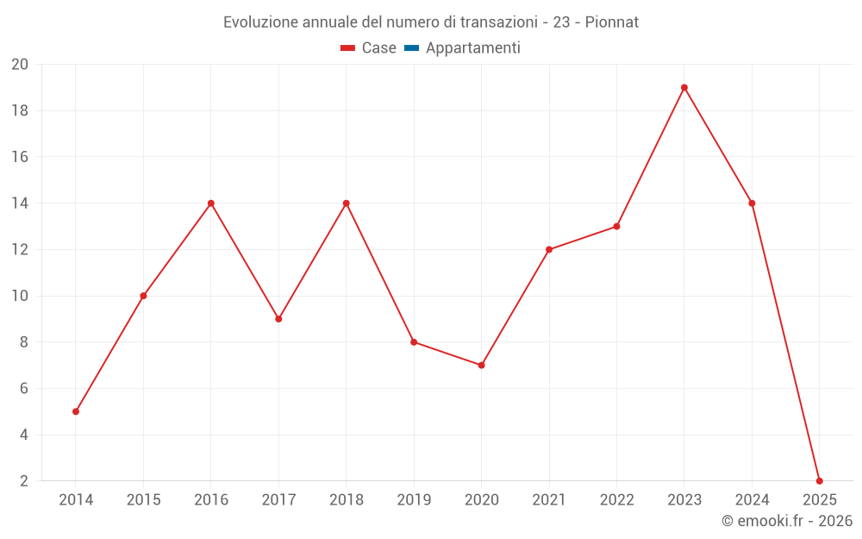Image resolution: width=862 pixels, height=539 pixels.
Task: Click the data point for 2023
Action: click(x=684, y=87)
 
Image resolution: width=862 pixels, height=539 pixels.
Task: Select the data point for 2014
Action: click(x=76, y=411)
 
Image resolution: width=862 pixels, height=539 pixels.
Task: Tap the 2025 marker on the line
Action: click(x=819, y=480)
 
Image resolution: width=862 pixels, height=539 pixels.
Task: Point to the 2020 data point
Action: click(x=481, y=365)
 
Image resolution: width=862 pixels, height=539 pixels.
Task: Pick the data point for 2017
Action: click(x=278, y=319)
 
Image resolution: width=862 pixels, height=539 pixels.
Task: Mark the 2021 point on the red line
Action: click(x=549, y=249)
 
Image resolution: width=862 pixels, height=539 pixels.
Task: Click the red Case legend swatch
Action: click(x=348, y=48)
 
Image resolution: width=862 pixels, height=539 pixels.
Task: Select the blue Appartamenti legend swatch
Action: click(x=411, y=48)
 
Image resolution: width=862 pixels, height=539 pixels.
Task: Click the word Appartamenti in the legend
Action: click(x=472, y=48)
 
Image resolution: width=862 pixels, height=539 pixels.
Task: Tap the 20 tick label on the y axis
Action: click(x=20, y=65)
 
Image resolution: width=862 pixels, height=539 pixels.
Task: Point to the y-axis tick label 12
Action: click(x=20, y=249)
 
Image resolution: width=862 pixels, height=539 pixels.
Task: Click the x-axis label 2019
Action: click(x=414, y=499)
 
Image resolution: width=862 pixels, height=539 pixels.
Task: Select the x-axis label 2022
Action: click(x=616, y=499)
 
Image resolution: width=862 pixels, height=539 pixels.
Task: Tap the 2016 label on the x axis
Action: click(x=211, y=499)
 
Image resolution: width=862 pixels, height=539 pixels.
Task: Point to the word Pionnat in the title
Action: click(x=612, y=22)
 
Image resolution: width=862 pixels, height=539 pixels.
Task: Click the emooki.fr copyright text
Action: click(x=787, y=521)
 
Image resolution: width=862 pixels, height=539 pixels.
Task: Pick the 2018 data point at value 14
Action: click(x=346, y=204)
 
